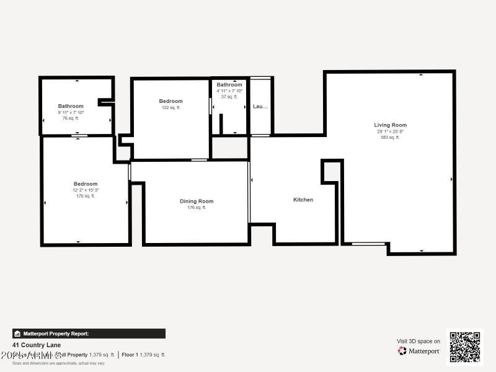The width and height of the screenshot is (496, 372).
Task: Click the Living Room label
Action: point(390,125)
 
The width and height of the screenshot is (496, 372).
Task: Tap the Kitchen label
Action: point(303,200)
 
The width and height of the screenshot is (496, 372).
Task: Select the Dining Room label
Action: point(197,201)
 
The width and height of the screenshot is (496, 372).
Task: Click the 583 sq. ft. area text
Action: point(390,137)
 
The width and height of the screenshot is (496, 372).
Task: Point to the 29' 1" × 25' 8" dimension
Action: point(390,131)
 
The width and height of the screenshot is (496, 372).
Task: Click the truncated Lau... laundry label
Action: point(260,107)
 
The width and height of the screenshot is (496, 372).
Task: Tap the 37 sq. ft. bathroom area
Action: point(229,97)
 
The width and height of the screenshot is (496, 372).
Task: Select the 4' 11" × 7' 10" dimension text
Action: point(229,91)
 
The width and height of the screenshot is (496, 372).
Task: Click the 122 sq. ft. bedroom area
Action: point(170,108)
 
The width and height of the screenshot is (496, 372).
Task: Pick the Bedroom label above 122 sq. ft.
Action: point(170,101)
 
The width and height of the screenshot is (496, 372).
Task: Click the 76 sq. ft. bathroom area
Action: point(71,118)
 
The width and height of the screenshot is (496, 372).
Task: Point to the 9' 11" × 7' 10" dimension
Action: point(71,112)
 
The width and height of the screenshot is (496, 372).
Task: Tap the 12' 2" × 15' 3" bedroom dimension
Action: point(86,190)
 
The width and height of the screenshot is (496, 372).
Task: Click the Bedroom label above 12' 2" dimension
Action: point(86,184)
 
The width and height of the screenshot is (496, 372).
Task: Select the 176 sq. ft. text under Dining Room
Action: point(197,208)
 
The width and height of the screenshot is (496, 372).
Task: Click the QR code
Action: point(464,347)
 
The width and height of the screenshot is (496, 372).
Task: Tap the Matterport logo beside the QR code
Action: point(419,351)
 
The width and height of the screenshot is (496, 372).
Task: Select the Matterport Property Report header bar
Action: point(89,334)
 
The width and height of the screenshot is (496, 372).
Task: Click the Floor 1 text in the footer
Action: point(129,355)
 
